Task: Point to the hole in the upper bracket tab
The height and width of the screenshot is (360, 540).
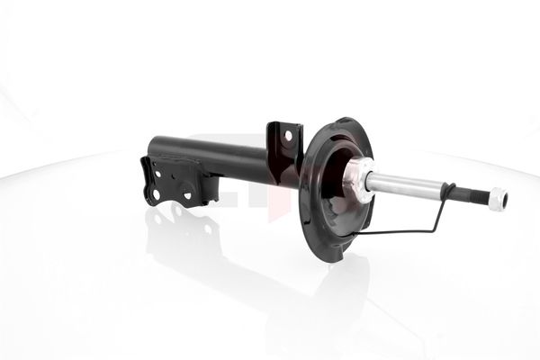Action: coord(288,136)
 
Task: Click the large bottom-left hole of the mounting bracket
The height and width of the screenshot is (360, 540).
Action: coord(155,193)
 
